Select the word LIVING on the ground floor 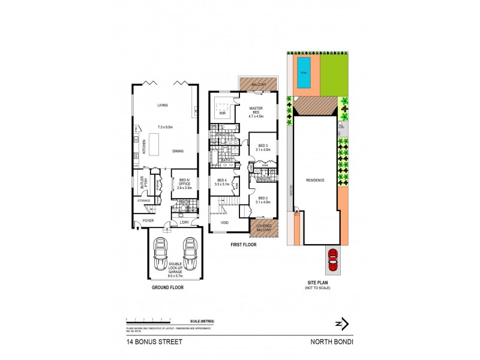163,105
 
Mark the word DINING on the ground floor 178,151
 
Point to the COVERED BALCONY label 263,227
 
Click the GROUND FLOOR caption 168,287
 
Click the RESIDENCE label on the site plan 316,179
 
